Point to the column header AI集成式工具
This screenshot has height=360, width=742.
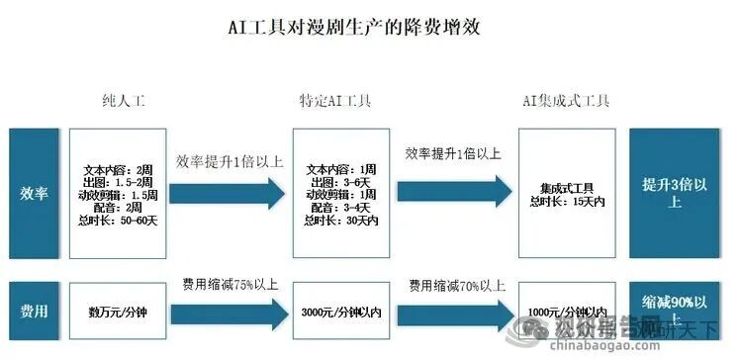click(x=566, y=101)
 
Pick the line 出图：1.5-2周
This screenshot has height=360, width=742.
click(x=119, y=183)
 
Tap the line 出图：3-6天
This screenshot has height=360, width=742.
click(x=339, y=182)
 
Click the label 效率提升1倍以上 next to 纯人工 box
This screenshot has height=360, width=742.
click(x=230, y=162)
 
